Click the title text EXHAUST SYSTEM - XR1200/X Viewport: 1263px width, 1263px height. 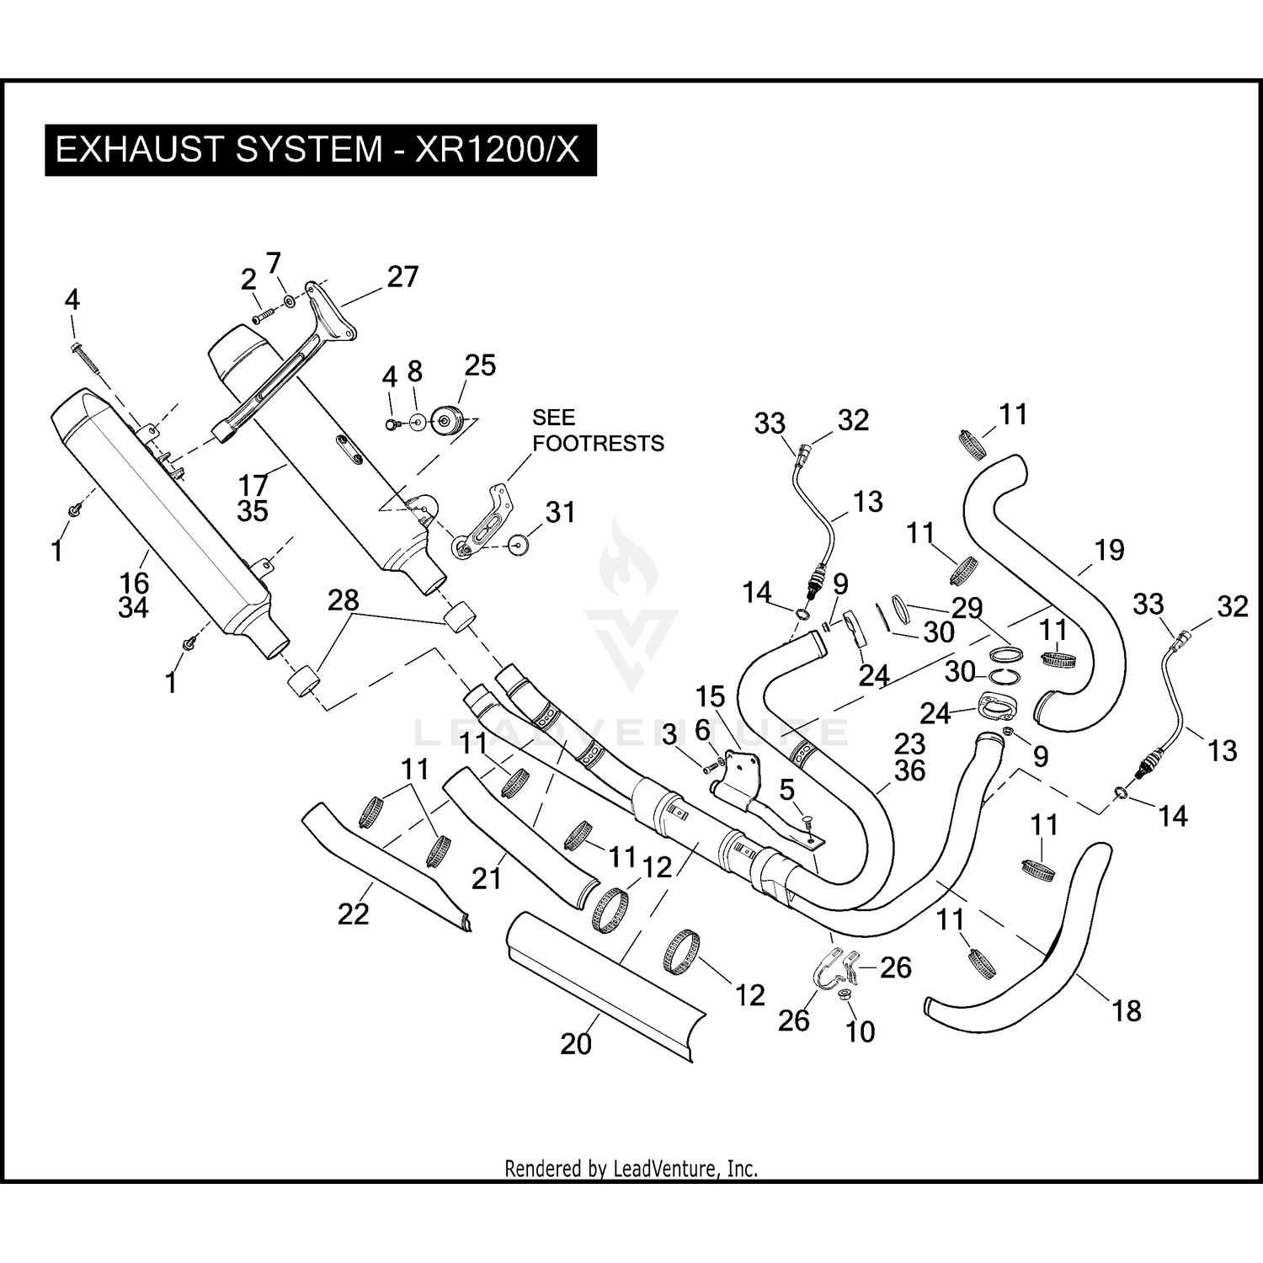[x=317, y=150]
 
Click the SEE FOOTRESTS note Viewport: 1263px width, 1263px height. [x=598, y=430]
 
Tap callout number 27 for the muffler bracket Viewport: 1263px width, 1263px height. [x=402, y=276]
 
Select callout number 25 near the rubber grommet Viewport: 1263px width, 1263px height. [x=480, y=365]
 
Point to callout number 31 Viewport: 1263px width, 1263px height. [x=560, y=512]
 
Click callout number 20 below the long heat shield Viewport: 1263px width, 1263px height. [x=576, y=1043]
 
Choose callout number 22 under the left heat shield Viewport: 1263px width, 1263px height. [x=353, y=914]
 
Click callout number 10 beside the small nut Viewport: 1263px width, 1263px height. [x=860, y=1031]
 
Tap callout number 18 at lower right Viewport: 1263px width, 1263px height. [x=1127, y=1010]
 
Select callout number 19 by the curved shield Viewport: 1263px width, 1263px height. [x=1109, y=550]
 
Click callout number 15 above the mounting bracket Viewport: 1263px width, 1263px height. [x=710, y=696]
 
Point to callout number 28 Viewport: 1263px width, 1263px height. [x=344, y=600]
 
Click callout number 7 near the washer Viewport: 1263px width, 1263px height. [x=273, y=264]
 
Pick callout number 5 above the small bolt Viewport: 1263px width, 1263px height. [x=786, y=790]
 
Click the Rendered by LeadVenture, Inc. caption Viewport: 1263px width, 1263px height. [x=631, y=1169]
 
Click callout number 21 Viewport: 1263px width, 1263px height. [x=486, y=878]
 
